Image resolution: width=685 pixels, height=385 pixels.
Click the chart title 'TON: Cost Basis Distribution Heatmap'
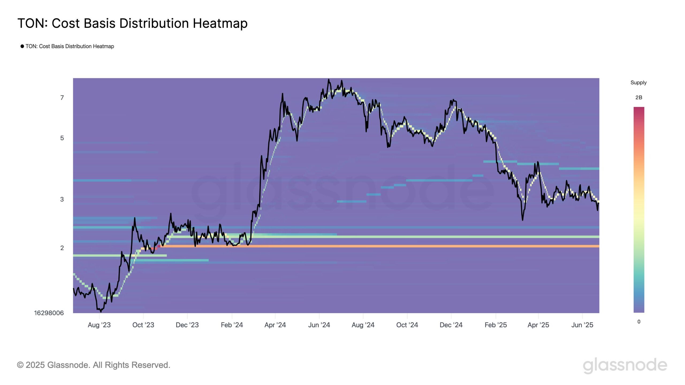point(132,23)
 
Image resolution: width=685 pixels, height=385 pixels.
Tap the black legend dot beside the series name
point(22,46)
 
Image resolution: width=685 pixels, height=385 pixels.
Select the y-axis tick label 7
point(62,98)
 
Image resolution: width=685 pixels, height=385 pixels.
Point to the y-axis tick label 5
point(62,138)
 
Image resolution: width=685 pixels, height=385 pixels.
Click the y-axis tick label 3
point(62,199)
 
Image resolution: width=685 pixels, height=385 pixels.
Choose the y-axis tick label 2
point(62,248)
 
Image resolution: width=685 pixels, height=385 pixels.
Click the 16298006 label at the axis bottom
point(49,313)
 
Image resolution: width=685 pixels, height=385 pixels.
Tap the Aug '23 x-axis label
point(99,325)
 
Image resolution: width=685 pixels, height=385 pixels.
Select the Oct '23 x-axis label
point(143,325)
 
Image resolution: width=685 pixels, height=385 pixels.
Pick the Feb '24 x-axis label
point(232,325)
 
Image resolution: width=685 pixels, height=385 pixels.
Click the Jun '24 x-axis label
point(319,325)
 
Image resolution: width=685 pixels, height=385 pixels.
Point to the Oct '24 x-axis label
point(407,325)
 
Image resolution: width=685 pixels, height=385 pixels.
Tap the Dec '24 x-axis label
point(451,325)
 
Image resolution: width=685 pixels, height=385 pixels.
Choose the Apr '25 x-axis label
point(538,325)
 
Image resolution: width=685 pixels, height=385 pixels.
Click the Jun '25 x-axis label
point(582,325)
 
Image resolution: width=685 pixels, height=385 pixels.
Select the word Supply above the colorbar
point(638,83)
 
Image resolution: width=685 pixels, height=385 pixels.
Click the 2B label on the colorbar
point(639,98)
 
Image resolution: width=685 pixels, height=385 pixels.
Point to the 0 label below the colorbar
point(639,322)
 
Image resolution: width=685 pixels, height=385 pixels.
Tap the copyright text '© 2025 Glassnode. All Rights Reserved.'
point(94,365)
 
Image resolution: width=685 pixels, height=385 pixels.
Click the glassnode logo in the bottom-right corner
point(625,365)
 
